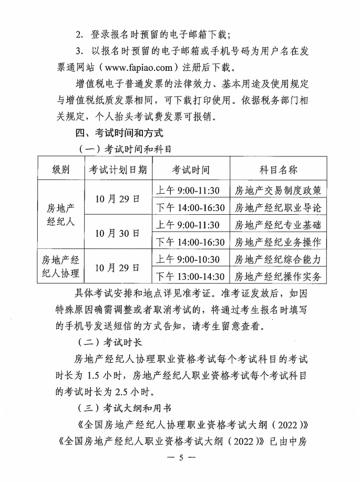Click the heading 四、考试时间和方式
click(x=121, y=133)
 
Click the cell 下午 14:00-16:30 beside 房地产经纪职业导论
click(x=191, y=207)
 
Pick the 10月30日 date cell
click(x=118, y=233)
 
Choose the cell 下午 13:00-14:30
click(x=191, y=276)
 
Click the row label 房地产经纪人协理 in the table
click(x=60, y=267)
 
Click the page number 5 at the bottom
click(x=180, y=457)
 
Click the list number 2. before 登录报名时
click(x=79, y=35)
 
